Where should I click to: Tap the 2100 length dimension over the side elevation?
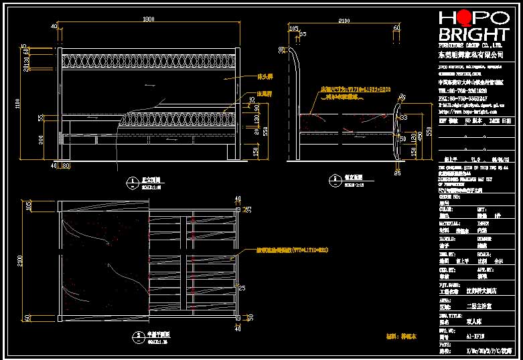(x=344, y=21)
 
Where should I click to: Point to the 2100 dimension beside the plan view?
(x=19, y=260)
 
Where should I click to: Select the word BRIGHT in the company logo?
(x=473, y=35)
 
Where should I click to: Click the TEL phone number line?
(x=463, y=90)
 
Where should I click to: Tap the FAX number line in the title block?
(x=463, y=98)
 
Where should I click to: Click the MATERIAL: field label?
(x=449, y=223)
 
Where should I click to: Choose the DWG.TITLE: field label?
(x=449, y=314)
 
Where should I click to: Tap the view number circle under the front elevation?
(x=129, y=179)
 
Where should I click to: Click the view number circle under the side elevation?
(x=333, y=179)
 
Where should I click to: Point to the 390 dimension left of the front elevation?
(x=41, y=139)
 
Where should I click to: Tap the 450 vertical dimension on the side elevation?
(x=420, y=136)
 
